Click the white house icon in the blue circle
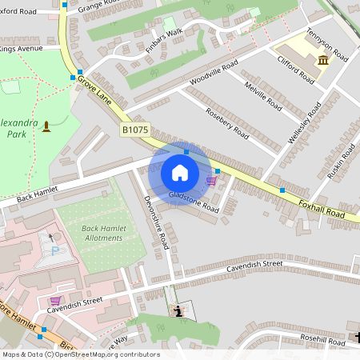(x=180, y=173)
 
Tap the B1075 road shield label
(x=134, y=130)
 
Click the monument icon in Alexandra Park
(x=46, y=126)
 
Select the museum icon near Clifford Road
(x=322, y=60)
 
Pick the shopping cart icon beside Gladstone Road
(x=211, y=181)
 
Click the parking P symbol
(x=55, y=250)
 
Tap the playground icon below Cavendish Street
(x=178, y=310)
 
